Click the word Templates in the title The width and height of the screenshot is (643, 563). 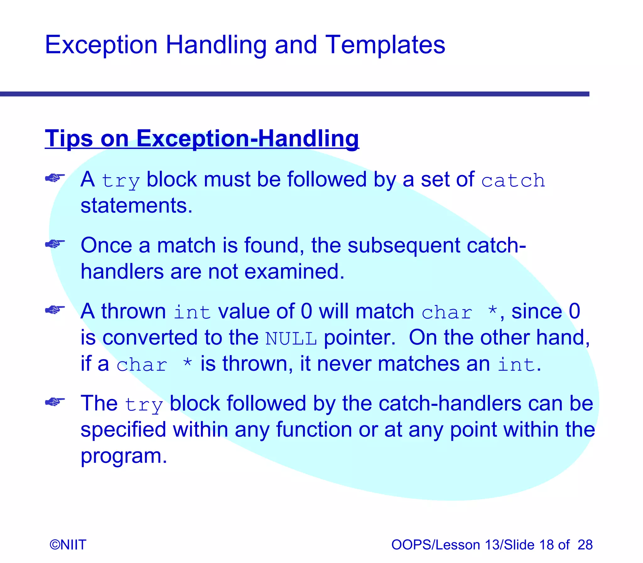coord(385,45)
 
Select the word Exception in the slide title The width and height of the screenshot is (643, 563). coord(101,45)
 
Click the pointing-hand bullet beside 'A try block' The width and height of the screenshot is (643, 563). coord(55,178)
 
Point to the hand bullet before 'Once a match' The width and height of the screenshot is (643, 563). coord(55,243)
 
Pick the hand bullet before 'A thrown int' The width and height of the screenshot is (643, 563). coord(55,310)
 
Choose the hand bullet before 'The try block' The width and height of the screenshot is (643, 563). coord(55,401)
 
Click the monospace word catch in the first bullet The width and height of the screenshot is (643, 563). coord(513,181)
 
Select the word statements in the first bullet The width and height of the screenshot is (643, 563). coord(136,206)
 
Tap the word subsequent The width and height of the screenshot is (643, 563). coord(404,245)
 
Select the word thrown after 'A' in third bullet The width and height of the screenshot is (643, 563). coord(133,311)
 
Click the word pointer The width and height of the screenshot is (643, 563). coord(359,338)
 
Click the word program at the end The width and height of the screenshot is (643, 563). coord(123,456)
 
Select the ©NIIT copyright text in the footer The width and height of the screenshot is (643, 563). coord(68,544)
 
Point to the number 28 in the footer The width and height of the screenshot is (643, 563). coord(585,544)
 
